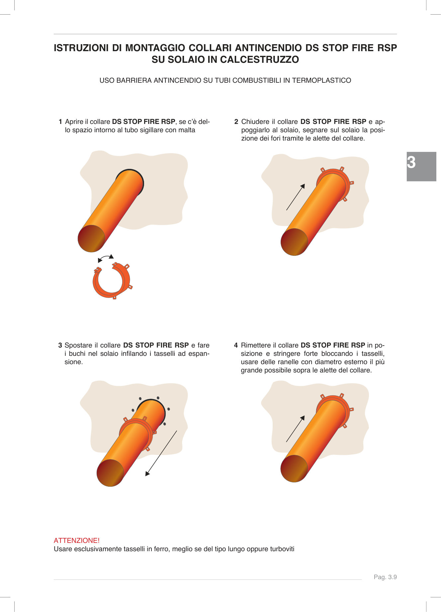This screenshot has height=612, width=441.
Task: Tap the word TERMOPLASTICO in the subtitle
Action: (x=321, y=80)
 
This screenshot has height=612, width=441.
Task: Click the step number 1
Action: (x=60, y=122)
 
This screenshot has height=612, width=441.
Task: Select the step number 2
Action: (x=236, y=122)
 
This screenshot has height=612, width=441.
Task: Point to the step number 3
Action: (x=60, y=345)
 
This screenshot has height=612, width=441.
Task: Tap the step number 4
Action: (x=236, y=345)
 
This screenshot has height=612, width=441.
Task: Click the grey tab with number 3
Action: (x=421, y=166)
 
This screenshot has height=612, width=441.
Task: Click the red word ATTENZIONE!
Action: (x=77, y=541)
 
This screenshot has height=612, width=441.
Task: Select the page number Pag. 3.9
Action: (x=385, y=577)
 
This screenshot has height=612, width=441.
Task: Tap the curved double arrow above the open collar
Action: (x=106, y=258)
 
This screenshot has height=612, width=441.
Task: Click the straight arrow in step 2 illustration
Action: (x=295, y=197)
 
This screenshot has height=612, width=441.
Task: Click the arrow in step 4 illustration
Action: (x=295, y=429)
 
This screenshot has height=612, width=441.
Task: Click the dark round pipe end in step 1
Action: (x=91, y=238)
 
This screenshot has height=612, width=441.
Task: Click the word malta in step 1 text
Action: (x=187, y=130)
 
